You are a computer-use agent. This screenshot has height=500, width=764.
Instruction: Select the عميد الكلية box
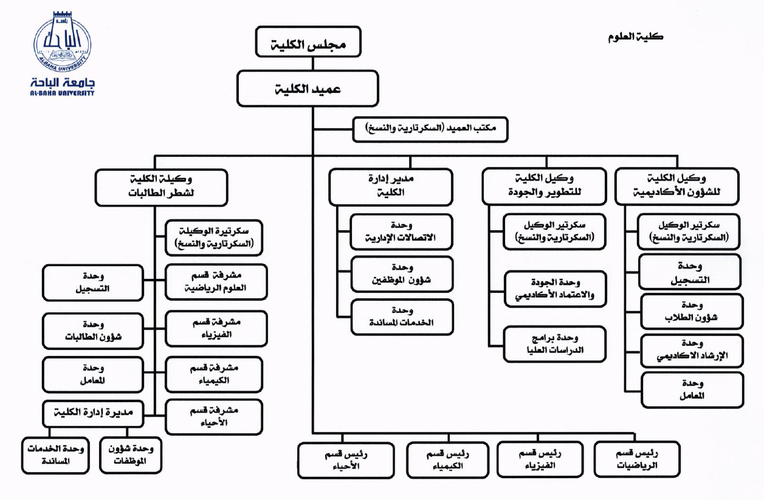click(x=308, y=89)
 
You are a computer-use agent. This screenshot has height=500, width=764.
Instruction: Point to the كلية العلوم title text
click(x=635, y=36)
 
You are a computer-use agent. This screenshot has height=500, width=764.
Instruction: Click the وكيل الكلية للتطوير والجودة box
click(x=544, y=187)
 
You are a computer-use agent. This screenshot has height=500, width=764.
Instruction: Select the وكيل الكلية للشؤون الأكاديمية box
click(x=677, y=187)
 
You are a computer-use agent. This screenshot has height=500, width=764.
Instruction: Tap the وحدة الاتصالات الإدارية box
click(x=401, y=231)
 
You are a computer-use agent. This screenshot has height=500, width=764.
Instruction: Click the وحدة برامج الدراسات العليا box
click(x=555, y=344)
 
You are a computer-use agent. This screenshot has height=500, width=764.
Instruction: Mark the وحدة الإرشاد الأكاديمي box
click(x=692, y=351)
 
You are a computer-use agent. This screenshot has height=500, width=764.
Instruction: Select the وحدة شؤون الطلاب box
click(x=692, y=311)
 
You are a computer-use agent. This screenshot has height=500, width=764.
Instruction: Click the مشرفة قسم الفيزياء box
click(x=216, y=328)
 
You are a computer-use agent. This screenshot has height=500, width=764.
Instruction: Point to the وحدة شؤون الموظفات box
click(x=131, y=455)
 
